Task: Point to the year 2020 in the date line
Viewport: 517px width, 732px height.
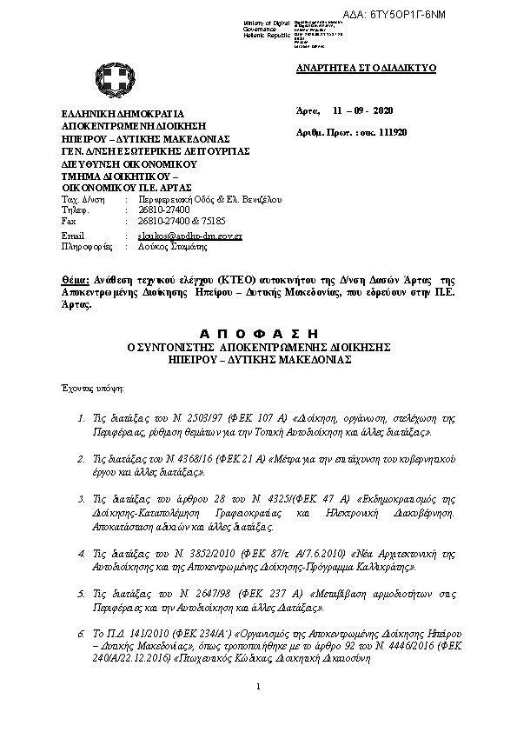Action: [382, 112]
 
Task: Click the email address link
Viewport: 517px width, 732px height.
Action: [189, 236]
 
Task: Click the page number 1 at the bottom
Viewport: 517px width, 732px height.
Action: [259, 688]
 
